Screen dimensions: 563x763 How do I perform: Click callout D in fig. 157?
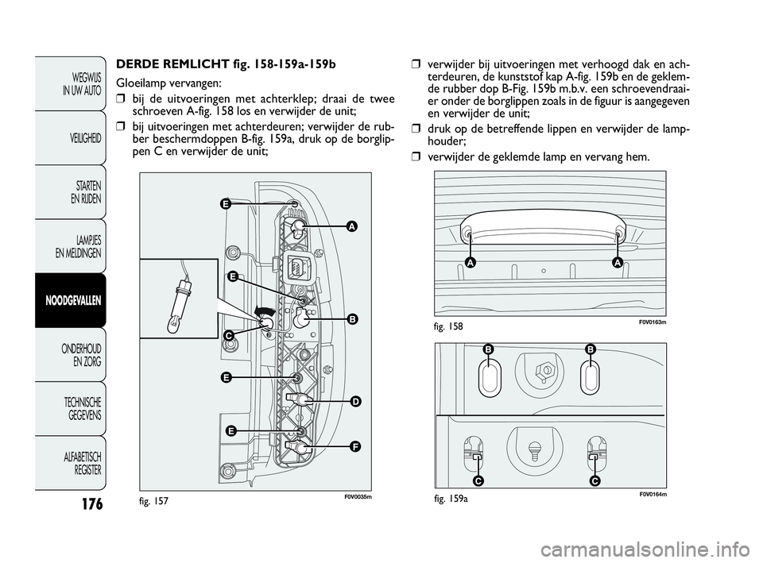354,402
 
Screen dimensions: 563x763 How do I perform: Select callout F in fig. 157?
354,446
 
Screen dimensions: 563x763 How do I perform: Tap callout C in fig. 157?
227,336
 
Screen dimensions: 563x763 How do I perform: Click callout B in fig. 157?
351,318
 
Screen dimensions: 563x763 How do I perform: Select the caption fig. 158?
450,326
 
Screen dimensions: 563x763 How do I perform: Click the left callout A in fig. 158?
471,263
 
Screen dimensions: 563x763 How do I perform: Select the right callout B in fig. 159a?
591,349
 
